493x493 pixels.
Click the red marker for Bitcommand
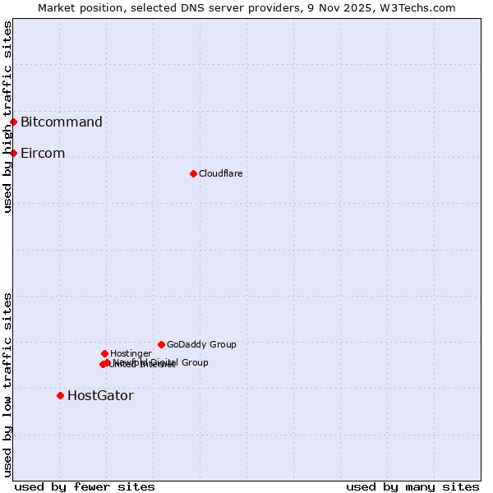pyautogui.click(x=13, y=122)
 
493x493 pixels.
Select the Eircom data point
pyautogui.click(x=13, y=153)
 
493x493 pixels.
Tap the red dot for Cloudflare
pyautogui.click(x=193, y=173)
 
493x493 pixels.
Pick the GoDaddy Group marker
pyautogui.click(x=161, y=344)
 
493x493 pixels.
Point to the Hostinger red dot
pyautogui.click(x=104, y=353)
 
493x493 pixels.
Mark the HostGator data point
pyautogui.click(x=60, y=395)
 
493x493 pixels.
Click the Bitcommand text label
pyautogui.click(x=62, y=122)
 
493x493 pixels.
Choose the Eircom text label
pyautogui.click(x=43, y=153)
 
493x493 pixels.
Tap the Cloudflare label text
pyautogui.click(x=220, y=173)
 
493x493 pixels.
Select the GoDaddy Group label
pyautogui.click(x=201, y=344)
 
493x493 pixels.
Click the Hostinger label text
pyautogui.click(x=131, y=353)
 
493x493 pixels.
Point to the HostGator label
pyautogui.click(x=100, y=395)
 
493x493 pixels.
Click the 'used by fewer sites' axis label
pyautogui.click(x=85, y=486)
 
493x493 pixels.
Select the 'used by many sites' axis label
pyautogui.click(x=412, y=486)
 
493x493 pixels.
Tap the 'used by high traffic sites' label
pyautogui.click(x=7, y=117)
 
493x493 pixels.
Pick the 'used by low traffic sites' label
pyautogui.click(x=7, y=385)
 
